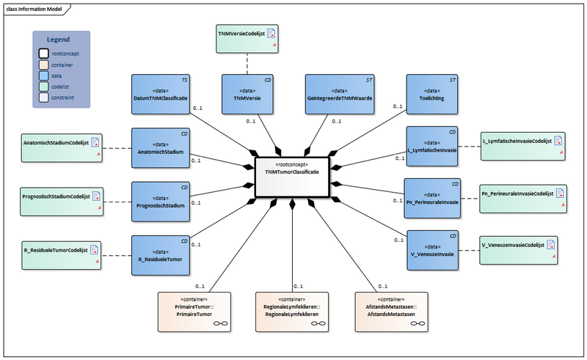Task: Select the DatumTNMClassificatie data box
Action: pyautogui.click(x=160, y=93)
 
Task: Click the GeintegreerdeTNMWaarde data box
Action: pyautogui.click(x=332, y=93)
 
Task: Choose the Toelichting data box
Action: pyautogui.click(x=433, y=93)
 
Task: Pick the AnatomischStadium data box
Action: pyautogui.click(x=160, y=147)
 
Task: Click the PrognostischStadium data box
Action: pyautogui.click(x=160, y=200)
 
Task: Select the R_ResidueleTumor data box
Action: pyautogui.click(x=160, y=254)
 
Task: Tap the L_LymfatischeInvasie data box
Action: pyautogui.click(x=433, y=147)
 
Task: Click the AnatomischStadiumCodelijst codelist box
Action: pyautogui.click(x=61, y=147)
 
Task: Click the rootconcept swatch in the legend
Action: pyautogui.click(x=45, y=54)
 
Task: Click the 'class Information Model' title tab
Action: pyautogui.click(x=37, y=8)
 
